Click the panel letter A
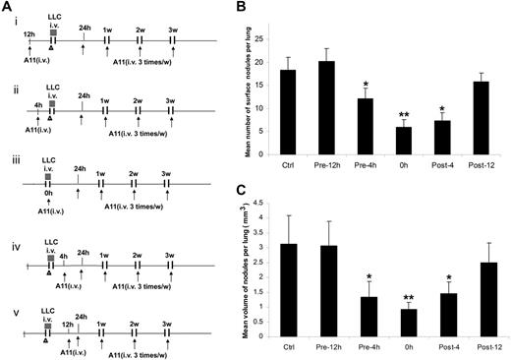tap(8, 8)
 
